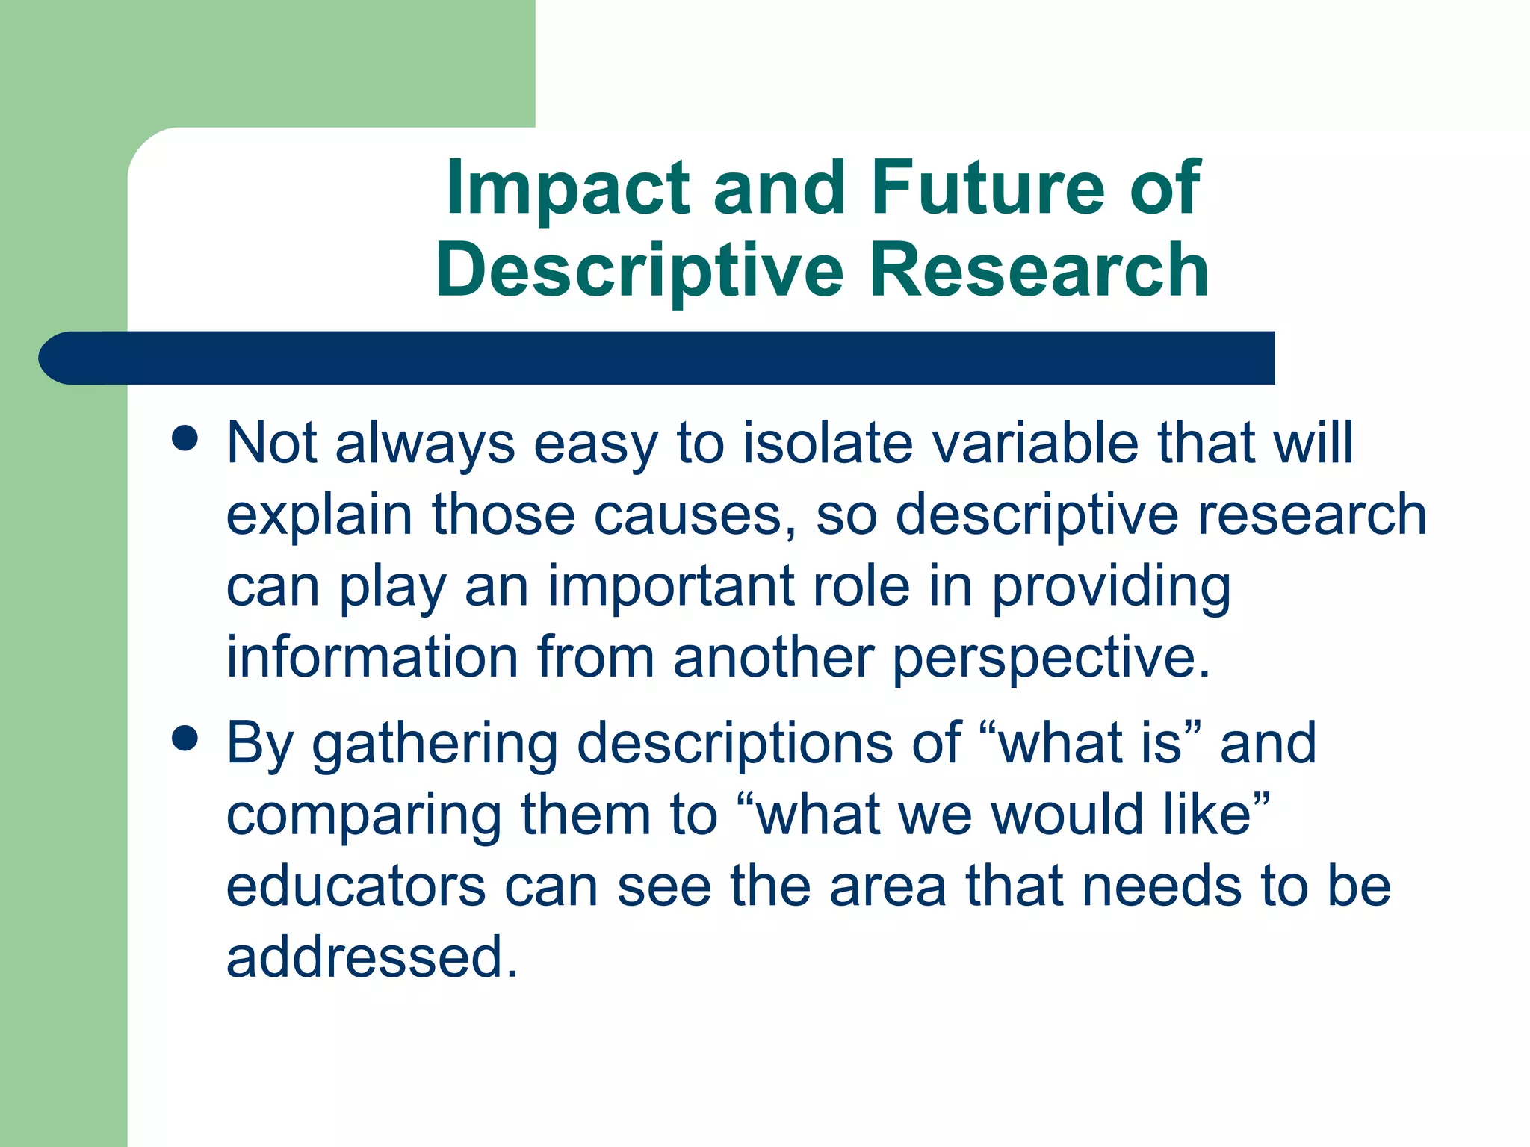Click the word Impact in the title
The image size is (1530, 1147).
tap(568, 188)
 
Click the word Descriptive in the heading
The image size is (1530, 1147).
tap(639, 270)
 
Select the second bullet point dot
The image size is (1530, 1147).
tap(184, 739)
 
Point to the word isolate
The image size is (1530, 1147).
tap(828, 443)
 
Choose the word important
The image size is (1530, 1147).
tap(671, 587)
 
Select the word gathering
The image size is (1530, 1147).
tap(435, 745)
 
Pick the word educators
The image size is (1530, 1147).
tap(356, 886)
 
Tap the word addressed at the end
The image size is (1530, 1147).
tap(371, 958)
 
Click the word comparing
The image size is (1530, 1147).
tap(364, 815)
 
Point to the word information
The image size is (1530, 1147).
tap(372, 657)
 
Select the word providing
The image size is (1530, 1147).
tap(1111, 587)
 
